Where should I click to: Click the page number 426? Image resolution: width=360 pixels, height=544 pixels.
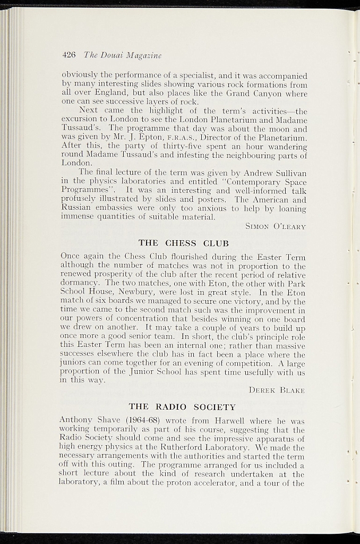coord(69,55)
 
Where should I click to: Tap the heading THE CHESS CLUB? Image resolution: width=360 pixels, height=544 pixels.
coord(183,243)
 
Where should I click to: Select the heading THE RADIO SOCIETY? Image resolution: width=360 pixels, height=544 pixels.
coord(182,407)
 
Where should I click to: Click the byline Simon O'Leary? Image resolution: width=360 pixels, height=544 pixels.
coord(276,226)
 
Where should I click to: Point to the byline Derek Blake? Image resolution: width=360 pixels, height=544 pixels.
coord(278,390)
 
